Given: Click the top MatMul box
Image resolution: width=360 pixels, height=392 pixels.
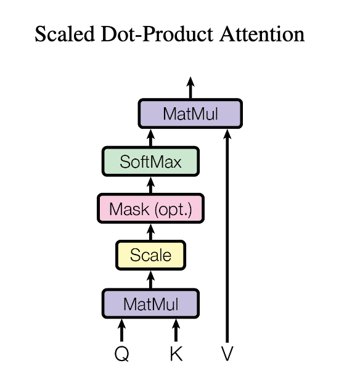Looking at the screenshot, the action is tap(190, 113).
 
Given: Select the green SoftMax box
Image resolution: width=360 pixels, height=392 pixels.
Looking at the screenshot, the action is tap(150, 161).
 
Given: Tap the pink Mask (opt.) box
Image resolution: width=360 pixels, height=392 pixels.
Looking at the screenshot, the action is tap(150, 208).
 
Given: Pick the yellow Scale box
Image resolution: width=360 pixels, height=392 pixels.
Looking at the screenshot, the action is tap(150, 255).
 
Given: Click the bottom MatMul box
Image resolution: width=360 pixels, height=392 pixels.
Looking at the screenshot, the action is tap(150, 304).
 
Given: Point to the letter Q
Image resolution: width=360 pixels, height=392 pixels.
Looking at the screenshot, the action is tap(122, 354).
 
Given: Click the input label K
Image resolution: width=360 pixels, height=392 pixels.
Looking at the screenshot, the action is tap(176, 354).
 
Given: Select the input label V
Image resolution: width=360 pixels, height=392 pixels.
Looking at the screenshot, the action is tap(227, 354).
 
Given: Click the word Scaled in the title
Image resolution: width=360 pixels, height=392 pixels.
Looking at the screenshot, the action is tap(65, 34).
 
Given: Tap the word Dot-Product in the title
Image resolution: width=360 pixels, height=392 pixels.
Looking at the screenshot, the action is tap(157, 34).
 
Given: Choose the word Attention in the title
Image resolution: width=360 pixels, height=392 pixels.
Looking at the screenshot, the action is tap(262, 34).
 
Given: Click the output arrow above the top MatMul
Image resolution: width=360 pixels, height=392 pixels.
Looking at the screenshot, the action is tap(190, 88).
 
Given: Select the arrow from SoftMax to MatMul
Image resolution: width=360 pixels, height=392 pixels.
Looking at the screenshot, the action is tap(150, 137).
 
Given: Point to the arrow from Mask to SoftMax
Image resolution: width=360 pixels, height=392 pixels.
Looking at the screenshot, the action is tap(150, 185).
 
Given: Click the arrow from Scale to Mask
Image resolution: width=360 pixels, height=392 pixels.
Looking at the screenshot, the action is tap(150, 232).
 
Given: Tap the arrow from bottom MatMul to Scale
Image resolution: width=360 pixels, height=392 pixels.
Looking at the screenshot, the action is tap(150, 279).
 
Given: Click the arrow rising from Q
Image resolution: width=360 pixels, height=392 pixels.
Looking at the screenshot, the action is tap(122, 330).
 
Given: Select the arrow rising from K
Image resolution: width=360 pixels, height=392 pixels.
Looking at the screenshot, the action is tap(176, 330).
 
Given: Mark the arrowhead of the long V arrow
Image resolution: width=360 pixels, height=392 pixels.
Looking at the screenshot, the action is tap(227, 134).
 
